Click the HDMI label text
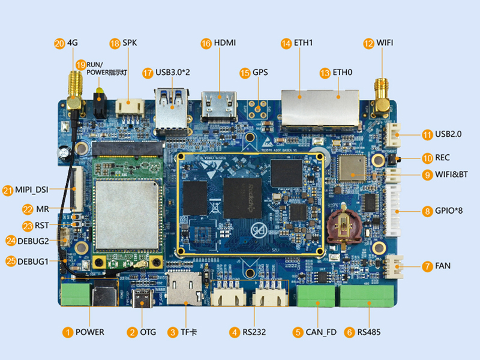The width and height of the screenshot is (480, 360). (226, 43)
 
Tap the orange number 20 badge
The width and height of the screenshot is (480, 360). (59, 43)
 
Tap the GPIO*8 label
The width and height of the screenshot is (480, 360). (449, 211)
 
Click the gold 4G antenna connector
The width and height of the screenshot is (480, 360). (75, 90)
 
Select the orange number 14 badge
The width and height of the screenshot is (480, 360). (286, 43)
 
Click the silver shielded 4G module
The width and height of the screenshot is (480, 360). (127, 211)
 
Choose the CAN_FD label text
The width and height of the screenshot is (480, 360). (321, 332)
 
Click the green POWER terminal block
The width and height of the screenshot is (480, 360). (76, 295)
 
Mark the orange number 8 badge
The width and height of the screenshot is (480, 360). (427, 211)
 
